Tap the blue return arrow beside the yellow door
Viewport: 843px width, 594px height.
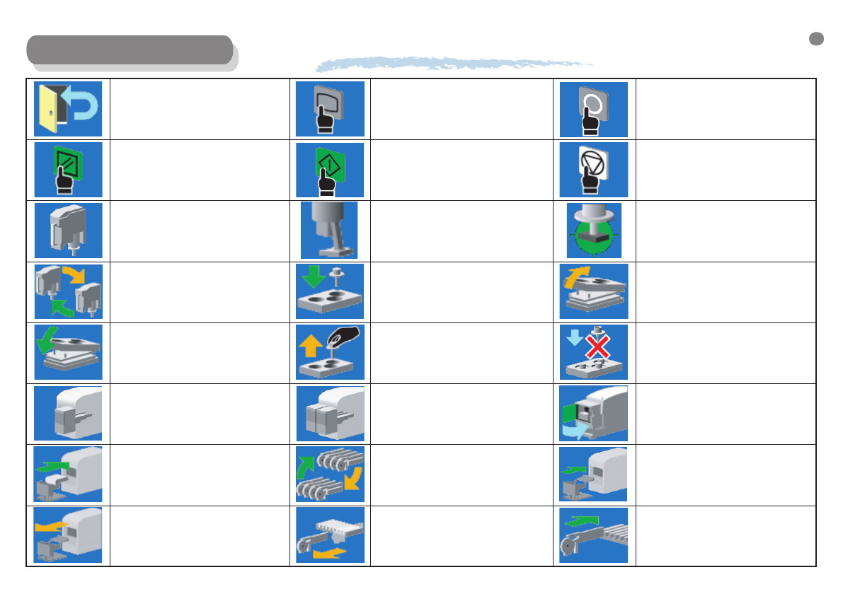pyautogui.click(x=86, y=105)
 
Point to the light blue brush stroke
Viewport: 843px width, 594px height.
pyautogui.click(x=453, y=64)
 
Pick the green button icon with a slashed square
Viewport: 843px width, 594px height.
pyautogui.click(x=68, y=170)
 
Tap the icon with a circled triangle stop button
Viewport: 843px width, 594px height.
pyautogui.click(x=593, y=170)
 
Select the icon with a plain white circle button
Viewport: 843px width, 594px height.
pyautogui.click(x=593, y=109)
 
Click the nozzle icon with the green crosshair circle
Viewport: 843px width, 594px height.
pyautogui.click(x=593, y=231)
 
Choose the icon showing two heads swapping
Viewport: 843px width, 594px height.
pyautogui.click(x=68, y=291)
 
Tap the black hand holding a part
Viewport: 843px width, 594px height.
pyautogui.click(x=347, y=335)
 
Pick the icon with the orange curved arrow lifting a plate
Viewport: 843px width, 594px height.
pyautogui.click(x=593, y=291)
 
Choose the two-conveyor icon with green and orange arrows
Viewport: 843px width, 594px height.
pyautogui.click(x=329, y=474)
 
